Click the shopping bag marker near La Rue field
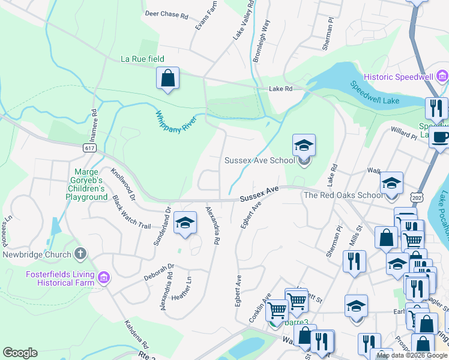pyautogui.click(x=167, y=79)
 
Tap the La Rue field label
pyautogui.click(x=142, y=59)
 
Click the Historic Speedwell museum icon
pyautogui.click(x=442, y=76)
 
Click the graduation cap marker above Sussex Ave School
pyautogui.click(x=304, y=145)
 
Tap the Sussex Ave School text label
pyautogui.click(x=259, y=160)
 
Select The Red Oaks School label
pyautogui.click(x=343, y=195)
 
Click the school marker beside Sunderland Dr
pyautogui.click(x=185, y=223)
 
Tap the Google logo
pyautogui.click(x=20, y=353)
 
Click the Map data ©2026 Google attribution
pyautogui.click(x=412, y=355)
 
